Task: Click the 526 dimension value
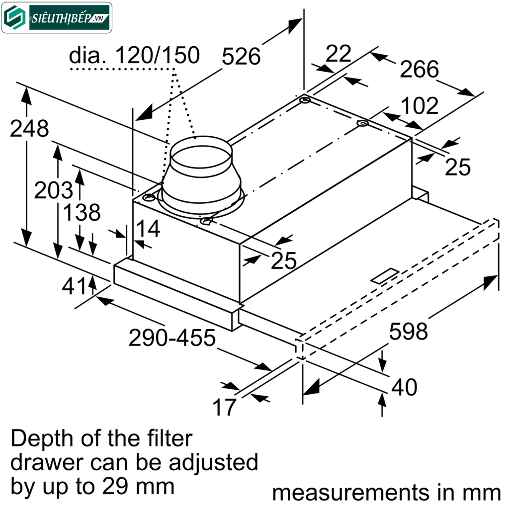point(241,57)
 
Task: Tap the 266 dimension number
point(420,69)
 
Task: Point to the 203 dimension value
point(53,190)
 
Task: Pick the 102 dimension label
point(420,106)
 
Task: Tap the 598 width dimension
point(408,331)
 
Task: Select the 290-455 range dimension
point(172,339)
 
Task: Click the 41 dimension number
point(74,286)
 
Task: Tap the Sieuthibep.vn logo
point(57,18)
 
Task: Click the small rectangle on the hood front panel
point(384,276)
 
